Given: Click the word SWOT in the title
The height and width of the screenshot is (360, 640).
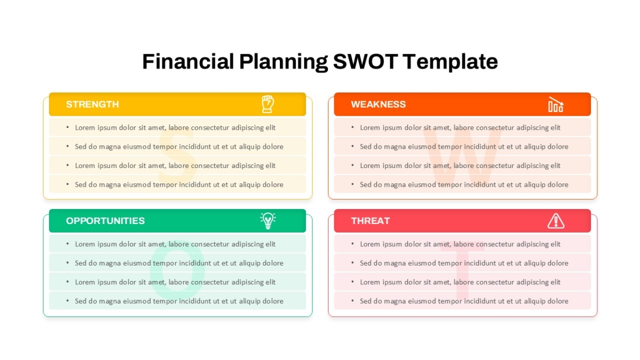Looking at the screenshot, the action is tap(365, 61).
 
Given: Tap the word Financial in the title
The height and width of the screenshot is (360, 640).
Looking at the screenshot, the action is tap(188, 61).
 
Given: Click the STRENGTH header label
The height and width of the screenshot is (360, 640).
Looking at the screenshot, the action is tap(92, 105).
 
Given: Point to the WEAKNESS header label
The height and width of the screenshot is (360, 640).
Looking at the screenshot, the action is tap(378, 105).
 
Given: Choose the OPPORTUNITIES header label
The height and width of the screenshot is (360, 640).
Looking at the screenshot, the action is tap(105, 221).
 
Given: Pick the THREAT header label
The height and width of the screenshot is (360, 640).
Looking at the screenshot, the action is tap(370, 221).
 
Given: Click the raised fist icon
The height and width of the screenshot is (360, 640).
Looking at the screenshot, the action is tap(268, 104).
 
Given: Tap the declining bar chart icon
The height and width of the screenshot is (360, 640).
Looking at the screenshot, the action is tap(556, 105).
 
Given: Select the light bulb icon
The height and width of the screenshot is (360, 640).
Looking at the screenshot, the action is tap(268, 221).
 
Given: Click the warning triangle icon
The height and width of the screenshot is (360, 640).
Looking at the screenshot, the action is tap(556, 221).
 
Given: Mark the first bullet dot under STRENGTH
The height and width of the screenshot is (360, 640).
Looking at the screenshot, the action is tap(67, 127).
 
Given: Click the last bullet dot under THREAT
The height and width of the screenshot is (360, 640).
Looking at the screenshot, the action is tap(353, 301).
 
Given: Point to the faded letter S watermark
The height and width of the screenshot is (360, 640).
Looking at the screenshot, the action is tap(177, 156).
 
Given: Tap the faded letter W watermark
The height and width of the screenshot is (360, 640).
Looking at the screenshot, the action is tap(462, 156).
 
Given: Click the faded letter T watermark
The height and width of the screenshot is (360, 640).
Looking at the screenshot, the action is tap(462, 274).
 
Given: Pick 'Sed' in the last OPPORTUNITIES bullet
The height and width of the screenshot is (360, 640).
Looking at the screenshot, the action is tap(81, 301).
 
